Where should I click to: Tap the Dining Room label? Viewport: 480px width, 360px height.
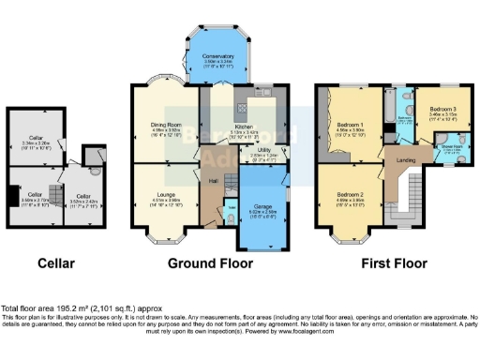[165, 124]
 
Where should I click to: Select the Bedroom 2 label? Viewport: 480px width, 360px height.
[350, 195]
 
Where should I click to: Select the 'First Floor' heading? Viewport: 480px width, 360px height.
[385, 263]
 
